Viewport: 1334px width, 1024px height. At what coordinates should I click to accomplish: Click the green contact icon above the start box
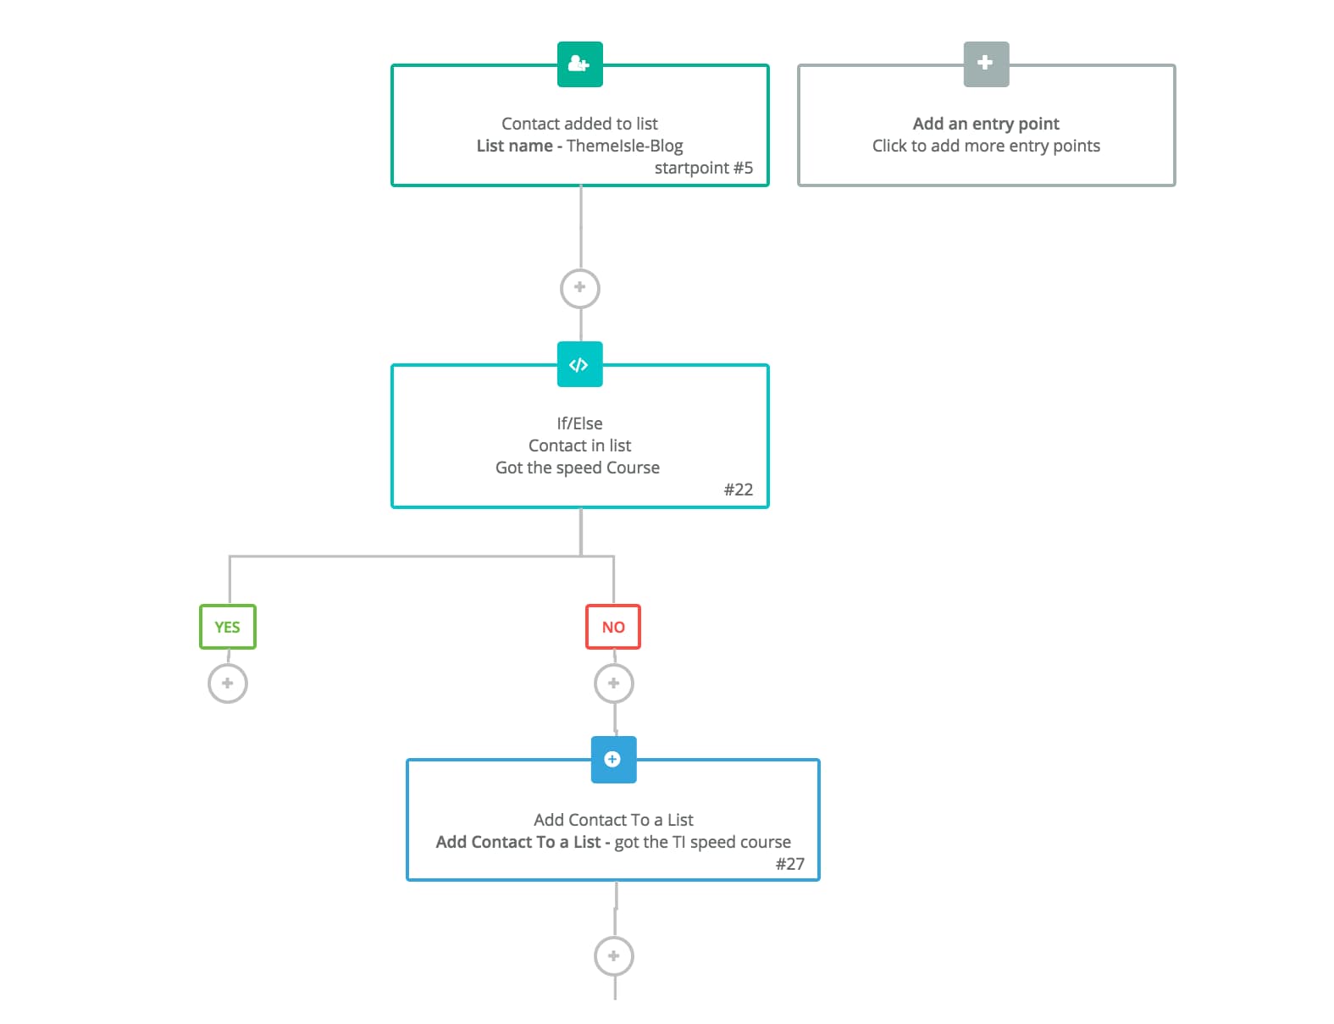click(579, 64)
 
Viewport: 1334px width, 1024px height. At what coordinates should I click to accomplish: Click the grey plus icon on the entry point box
click(986, 64)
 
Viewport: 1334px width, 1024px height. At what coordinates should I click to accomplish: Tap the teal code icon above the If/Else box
click(579, 364)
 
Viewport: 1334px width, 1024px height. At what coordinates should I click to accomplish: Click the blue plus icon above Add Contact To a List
click(613, 760)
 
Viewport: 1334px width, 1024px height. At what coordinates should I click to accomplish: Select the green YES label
click(227, 627)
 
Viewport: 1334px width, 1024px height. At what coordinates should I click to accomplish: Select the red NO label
click(613, 627)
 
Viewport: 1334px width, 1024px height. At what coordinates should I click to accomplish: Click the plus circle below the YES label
click(227, 684)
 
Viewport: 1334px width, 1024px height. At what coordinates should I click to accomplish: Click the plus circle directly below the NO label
click(613, 684)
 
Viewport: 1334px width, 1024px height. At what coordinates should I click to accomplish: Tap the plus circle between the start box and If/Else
click(579, 288)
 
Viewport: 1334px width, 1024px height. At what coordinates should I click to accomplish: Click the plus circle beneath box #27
click(613, 956)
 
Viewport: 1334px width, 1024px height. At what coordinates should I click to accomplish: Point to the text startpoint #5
click(703, 168)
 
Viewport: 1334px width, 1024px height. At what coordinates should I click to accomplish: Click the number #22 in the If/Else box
click(738, 490)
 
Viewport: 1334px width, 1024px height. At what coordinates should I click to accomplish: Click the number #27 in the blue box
click(789, 864)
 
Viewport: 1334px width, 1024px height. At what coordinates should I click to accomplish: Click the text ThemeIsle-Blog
click(624, 146)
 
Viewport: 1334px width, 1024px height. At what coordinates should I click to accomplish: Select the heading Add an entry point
click(986, 124)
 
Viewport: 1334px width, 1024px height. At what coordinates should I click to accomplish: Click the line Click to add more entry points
click(986, 146)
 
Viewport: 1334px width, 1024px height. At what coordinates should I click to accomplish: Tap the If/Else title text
click(579, 423)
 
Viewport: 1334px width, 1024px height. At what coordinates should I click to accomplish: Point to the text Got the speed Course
click(578, 468)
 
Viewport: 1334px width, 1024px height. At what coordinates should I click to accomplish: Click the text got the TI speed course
click(702, 842)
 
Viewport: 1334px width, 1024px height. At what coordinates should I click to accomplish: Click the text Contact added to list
click(579, 124)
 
